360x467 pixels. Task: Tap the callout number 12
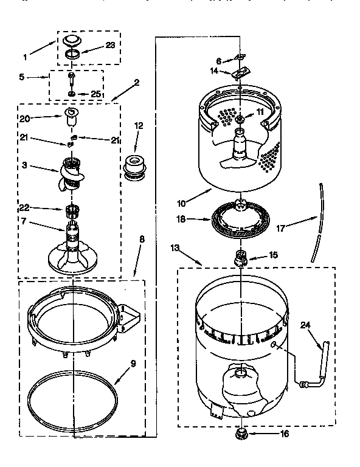pyautogui.click(x=139, y=126)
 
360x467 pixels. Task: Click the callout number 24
pyautogui.click(x=306, y=325)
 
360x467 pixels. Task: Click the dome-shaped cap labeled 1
pyautogui.click(x=71, y=41)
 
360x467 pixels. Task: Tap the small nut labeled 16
pyautogui.click(x=241, y=434)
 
